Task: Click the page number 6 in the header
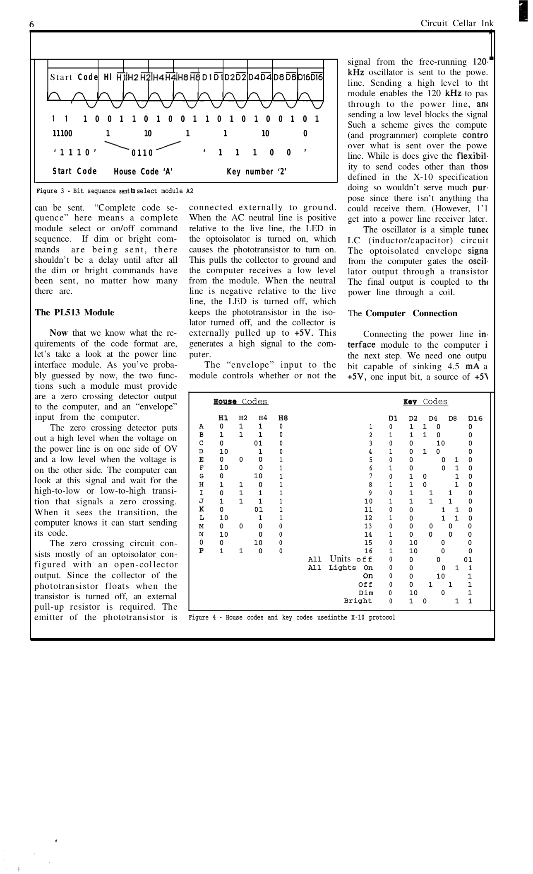coord(31,24)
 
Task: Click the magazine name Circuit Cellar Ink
coord(456,23)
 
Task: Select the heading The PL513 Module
coord(74,312)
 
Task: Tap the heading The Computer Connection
coord(402,313)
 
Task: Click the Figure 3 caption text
coord(115,191)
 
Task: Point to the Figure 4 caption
coord(292,617)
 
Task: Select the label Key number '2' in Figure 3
coord(257,172)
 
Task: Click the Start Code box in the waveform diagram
coord(74,77)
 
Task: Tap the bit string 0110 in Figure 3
coord(142,153)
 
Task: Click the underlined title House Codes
coord(240,402)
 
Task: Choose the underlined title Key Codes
coord(425,402)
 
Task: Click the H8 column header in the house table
coord(283,418)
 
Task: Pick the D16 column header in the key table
coord(475,418)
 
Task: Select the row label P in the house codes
coord(201,551)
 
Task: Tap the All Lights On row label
coord(340,568)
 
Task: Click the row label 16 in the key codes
coord(368,551)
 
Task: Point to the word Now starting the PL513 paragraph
coord(58,333)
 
